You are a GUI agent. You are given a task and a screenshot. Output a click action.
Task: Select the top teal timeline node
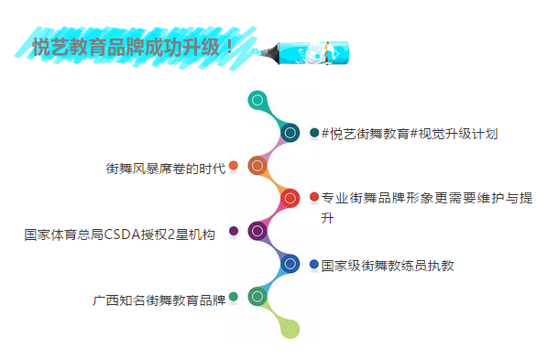point(258,100)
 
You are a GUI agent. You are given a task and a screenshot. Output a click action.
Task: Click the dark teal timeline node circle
point(290,133)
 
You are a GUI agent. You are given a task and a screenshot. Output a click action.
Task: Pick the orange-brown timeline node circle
point(258,166)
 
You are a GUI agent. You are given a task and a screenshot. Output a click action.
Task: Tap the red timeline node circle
point(290,198)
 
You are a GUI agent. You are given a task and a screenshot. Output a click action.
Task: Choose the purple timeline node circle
point(258,231)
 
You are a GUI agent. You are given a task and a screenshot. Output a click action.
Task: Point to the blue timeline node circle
point(290,264)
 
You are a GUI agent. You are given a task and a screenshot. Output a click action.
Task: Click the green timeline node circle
point(258,297)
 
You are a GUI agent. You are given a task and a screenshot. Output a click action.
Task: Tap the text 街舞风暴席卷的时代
point(165,169)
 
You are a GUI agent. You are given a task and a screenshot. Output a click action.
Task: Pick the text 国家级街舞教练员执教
point(388,266)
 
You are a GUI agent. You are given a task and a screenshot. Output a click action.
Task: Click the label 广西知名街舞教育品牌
point(159,300)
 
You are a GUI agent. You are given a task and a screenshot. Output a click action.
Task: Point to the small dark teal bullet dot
point(314,133)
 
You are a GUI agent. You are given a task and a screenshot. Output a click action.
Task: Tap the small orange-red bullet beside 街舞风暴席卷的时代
point(234,166)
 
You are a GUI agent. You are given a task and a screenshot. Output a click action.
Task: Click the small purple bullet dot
point(234,231)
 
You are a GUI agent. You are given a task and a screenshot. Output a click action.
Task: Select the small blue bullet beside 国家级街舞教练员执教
point(314,264)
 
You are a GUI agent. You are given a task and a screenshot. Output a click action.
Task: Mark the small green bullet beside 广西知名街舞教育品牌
point(234,297)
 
